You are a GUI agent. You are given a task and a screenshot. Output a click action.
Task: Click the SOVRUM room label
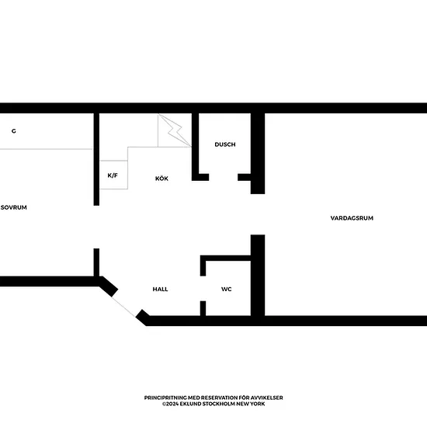click(x=14, y=207)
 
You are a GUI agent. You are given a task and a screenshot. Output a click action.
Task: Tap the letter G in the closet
click(x=14, y=131)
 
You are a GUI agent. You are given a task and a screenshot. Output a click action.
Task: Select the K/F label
click(x=113, y=175)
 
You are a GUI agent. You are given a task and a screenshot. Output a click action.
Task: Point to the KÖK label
click(x=161, y=179)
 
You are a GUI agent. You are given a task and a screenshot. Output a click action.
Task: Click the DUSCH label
click(x=225, y=144)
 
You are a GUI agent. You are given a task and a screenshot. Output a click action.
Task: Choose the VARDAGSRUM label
click(x=352, y=218)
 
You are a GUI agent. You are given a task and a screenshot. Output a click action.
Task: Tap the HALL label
click(x=160, y=290)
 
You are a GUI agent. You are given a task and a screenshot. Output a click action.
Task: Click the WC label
click(x=227, y=290)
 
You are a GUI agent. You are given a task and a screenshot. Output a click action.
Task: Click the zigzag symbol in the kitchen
click(x=175, y=130)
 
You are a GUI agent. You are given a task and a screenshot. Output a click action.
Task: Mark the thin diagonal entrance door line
click(x=123, y=307)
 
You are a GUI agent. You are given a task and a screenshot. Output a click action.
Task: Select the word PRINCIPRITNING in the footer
click(x=165, y=397)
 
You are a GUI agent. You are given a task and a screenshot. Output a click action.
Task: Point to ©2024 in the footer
click(x=170, y=404)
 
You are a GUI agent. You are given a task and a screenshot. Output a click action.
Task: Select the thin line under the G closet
click(x=46, y=149)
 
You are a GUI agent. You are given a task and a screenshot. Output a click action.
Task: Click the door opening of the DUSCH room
click(x=224, y=177)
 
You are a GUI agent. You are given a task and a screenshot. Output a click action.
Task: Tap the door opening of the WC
click(x=203, y=289)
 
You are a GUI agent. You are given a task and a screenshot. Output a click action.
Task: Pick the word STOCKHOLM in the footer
click(x=218, y=404)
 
